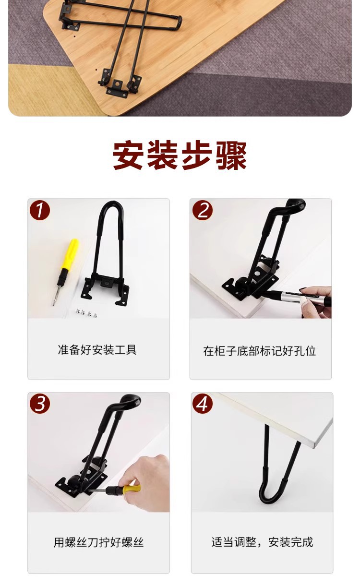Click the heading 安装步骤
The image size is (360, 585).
pos(180,155)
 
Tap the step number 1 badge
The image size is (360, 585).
pos(40,210)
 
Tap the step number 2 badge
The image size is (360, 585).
pos(203,210)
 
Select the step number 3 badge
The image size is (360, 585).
pos(40,404)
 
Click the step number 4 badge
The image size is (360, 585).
pos(203,404)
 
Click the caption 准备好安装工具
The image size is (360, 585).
pos(97,350)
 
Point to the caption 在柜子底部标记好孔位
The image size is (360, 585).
pos(260,351)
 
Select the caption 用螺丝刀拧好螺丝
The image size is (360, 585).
pos(98,543)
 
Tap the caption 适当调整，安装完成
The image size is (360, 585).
pos(262,542)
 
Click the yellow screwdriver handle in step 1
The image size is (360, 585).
pos(70,254)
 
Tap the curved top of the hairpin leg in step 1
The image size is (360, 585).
pos(112,209)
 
